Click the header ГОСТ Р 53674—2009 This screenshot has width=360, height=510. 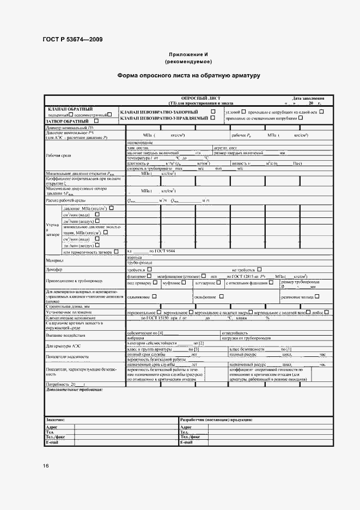[x=72, y=39]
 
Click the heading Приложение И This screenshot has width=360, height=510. [x=188, y=54]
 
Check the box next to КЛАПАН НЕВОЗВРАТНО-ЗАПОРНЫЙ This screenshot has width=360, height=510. [x=213, y=111]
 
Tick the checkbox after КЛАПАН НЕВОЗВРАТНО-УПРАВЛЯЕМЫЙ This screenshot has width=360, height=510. [x=213, y=118]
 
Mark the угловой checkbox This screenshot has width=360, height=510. [x=243, y=111]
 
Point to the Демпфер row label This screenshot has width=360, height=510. [x=55, y=269]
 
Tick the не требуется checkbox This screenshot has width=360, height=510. [x=259, y=269]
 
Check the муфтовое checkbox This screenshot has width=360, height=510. [x=184, y=283]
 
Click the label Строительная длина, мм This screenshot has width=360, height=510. [x=68, y=307]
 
